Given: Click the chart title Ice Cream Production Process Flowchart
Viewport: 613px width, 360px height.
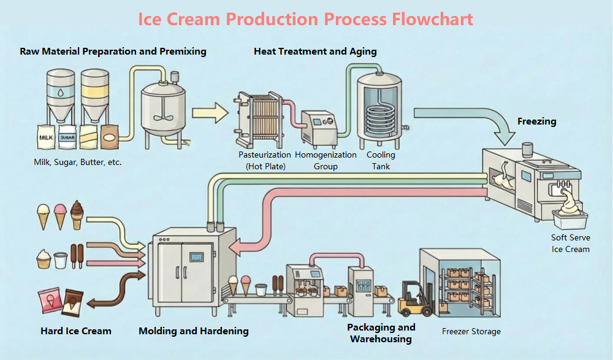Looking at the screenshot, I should pos(305,19).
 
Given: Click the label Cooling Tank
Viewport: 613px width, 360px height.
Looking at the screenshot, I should pos(378,161).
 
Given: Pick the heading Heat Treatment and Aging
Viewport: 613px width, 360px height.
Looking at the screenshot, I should pos(315,52).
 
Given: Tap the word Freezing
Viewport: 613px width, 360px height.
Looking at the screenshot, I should pos(536,121).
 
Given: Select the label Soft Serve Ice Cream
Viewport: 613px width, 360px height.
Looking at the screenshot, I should pos(570,243).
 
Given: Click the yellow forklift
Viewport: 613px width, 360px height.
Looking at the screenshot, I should pos(416,300).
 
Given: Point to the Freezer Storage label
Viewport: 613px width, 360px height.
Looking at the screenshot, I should pos(471,331).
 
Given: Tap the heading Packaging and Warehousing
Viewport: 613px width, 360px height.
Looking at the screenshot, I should pos(381,333).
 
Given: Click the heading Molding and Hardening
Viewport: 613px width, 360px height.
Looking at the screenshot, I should pos(194,331).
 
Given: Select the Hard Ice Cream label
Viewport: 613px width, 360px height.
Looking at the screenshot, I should pos(76,331).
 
